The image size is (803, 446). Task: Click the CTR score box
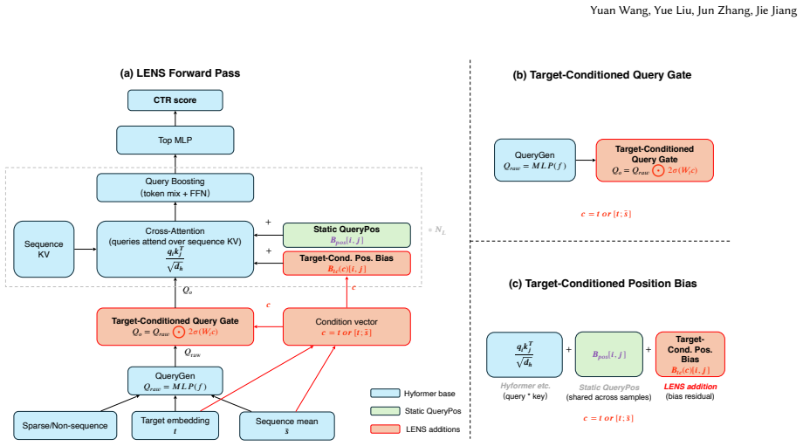click(175, 100)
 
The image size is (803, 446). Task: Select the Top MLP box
click(175, 141)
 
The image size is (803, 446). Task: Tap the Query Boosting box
click(175, 188)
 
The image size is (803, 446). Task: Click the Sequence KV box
click(44, 250)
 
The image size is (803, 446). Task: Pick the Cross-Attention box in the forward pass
click(175, 250)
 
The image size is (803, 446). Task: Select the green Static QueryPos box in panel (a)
click(347, 235)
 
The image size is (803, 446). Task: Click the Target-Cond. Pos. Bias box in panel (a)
click(347, 264)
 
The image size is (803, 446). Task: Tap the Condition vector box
click(347, 326)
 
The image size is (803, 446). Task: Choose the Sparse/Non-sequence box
click(65, 426)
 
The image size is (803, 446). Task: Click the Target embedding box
click(175, 426)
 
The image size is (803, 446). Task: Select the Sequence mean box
click(287, 426)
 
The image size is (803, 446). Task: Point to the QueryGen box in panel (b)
click(535, 161)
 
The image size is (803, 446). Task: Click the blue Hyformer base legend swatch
click(385, 394)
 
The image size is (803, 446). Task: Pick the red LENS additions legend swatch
click(385, 429)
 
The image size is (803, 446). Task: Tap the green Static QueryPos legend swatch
click(385, 411)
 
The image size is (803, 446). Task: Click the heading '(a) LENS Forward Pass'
click(180, 73)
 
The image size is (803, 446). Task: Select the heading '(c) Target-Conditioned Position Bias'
click(602, 284)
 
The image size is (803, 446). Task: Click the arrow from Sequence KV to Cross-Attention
click(86, 250)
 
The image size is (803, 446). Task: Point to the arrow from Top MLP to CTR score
click(175, 119)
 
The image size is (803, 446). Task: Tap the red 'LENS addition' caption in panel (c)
click(690, 387)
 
